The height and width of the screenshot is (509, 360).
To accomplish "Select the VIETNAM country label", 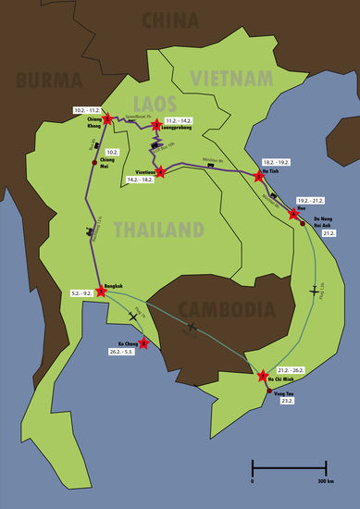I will (230, 77).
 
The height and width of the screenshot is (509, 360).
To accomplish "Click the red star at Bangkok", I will (101, 291).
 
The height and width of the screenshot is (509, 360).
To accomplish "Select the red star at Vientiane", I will (160, 171).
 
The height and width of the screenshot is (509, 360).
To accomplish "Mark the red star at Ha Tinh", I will (259, 175).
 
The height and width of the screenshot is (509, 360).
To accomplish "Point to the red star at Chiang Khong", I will (107, 118).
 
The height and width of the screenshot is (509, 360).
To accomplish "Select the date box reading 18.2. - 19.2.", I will (276, 161).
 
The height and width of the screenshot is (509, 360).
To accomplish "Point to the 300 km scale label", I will (325, 482).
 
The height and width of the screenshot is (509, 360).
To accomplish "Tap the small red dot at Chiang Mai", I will (93, 161).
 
